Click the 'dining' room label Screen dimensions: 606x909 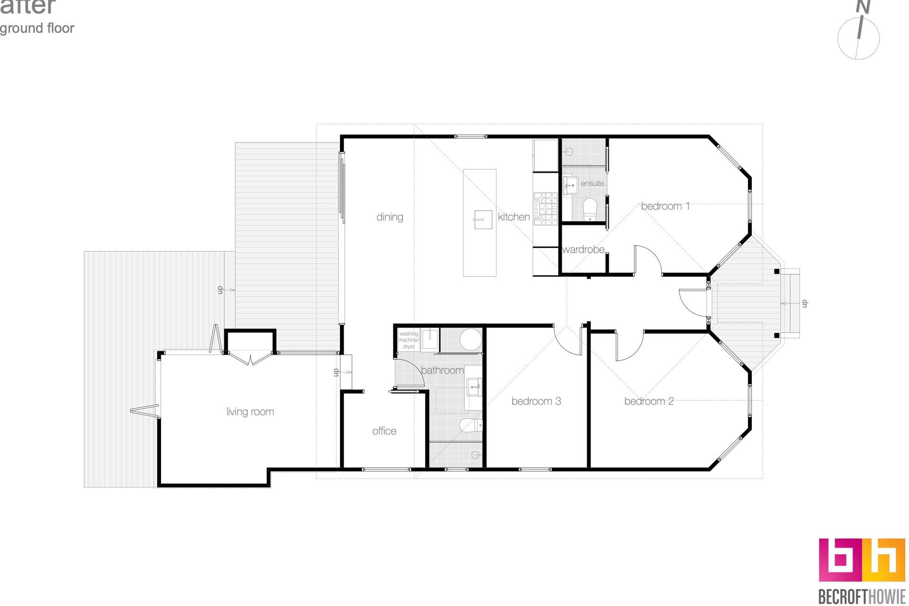(390, 217)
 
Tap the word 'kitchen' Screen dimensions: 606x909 (514, 217)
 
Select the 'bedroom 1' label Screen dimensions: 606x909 (665, 206)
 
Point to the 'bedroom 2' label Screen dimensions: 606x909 (649, 401)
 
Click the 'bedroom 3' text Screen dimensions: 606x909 (536, 401)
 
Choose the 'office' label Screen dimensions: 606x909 (384, 431)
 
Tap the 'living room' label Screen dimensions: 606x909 (250, 411)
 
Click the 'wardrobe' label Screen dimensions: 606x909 (583, 249)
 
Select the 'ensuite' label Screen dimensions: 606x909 (592, 183)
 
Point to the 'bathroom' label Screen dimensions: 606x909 (442, 370)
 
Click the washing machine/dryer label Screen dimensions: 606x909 (408, 340)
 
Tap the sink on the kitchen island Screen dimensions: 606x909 (479, 219)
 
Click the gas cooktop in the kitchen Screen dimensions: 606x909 (545, 208)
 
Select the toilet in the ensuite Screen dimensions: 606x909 (589, 208)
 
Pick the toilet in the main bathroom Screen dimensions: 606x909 (470, 425)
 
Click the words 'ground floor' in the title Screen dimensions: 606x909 (37, 28)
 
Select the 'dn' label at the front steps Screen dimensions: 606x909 (804, 303)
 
